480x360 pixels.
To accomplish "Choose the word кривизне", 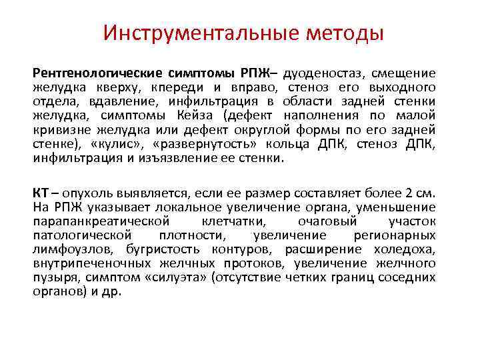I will coord(61,129).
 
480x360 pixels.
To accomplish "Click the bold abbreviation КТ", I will coord(41,193).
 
